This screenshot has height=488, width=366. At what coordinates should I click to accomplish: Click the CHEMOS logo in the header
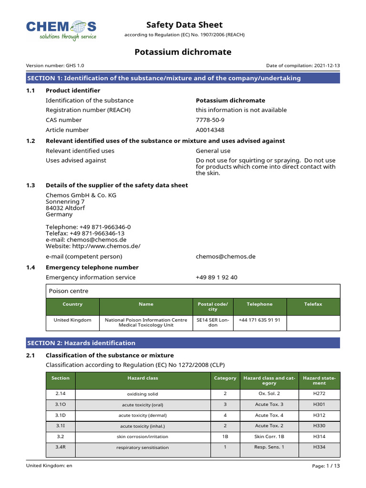pyautogui.click(x=61, y=30)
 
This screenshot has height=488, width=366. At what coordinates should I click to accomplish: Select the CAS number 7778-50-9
pyautogui.click(x=210, y=120)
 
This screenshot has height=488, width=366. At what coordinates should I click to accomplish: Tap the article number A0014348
pyautogui.click(x=210, y=130)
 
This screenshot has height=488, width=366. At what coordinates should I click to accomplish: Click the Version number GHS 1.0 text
pyautogui.click(x=55, y=66)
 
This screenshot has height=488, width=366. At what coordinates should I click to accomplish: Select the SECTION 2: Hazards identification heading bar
pyautogui.click(x=183, y=343)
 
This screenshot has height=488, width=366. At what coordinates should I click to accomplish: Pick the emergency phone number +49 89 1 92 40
pyautogui.click(x=216, y=277)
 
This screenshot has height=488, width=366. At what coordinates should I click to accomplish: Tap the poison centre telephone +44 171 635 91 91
pyautogui.click(x=259, y=320)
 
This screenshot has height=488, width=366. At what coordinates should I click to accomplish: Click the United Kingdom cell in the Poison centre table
pyautogui.click(x=72, y=320)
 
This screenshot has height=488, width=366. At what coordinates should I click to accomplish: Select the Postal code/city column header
pyautogui.click(x=213, y=306)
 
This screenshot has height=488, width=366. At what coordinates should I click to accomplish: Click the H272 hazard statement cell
pyautogui.click(x=319, y=394)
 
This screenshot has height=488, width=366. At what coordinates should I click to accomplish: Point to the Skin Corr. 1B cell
pyautogui.click(x=269, y=437)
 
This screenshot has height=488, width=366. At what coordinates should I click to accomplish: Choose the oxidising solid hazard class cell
pyautogui.click(x=142, y=394)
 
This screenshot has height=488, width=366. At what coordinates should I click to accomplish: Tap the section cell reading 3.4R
pyautogui.click(x=60, y=447)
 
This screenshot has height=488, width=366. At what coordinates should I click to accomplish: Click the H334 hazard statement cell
pyautogui.click(x=319, y=447)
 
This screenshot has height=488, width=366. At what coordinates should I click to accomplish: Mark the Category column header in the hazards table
pyautogui.click(x=225, y=378)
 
